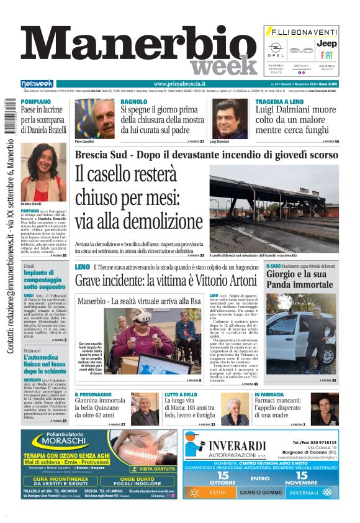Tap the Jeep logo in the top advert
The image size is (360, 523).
327,43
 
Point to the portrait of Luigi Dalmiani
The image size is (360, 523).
231,119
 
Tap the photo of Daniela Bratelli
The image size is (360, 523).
43,172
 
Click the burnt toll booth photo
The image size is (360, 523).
274,211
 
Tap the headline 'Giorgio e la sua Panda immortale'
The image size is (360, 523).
300,279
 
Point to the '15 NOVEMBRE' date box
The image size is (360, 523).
308,478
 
